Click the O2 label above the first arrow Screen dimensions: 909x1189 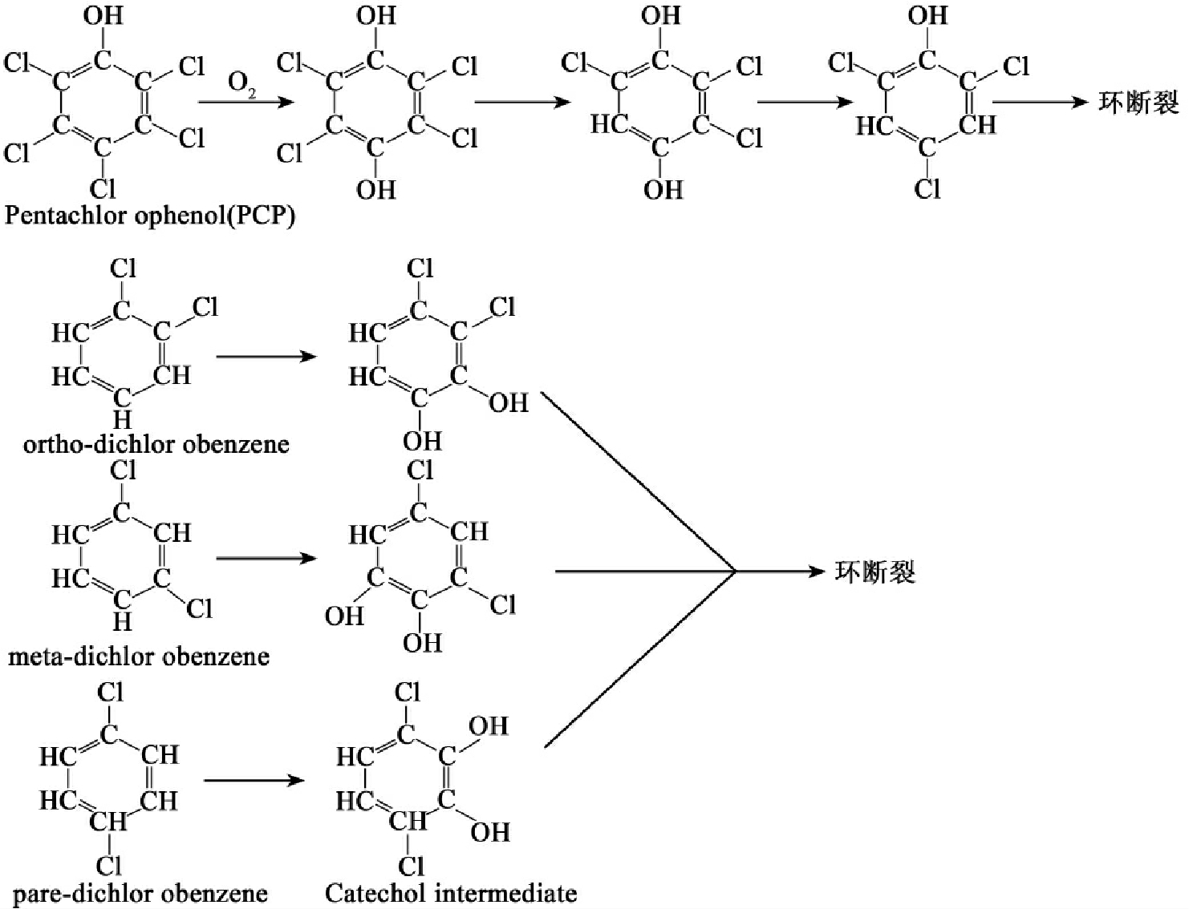click(x=242, y=83)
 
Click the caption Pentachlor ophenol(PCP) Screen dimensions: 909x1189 click(x=150, y=216)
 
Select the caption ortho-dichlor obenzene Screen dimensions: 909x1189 click(x=156, y=443)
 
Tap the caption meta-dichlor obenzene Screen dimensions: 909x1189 click(x=139, y=656)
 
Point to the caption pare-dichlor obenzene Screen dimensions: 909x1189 click(x=140, y=893)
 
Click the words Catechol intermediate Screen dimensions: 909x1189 click(x=451, y=893)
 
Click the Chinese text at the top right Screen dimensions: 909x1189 click(x=1138, y=103)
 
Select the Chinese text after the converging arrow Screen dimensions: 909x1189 click(x=875, y=572)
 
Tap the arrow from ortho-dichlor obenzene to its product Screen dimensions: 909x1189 click(x=266, y=355)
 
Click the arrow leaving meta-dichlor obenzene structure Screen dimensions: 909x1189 click(x=266, y=557)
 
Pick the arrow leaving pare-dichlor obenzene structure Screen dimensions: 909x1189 click(x=254, y=780)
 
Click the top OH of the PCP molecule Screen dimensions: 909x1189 click(x=103, y=15)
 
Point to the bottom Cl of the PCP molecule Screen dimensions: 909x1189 click(x=103, y=189)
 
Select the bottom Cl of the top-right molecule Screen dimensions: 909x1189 click(x=927, y=189)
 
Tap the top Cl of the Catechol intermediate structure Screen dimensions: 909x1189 click(x=408, y=692)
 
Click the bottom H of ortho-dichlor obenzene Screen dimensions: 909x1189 click(x=122, y=419)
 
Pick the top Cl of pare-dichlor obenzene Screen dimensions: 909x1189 click(x=110, y=692)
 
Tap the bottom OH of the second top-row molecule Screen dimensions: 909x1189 click(x=376, y=189)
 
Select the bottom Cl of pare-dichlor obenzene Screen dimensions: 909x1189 click(x=109, y=865)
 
